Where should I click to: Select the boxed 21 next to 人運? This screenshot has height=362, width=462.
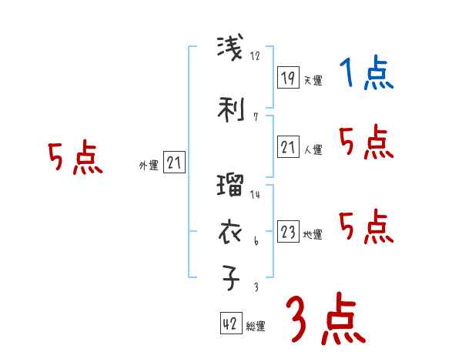click(288, 146)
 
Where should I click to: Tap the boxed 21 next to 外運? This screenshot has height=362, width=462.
click(175, 163)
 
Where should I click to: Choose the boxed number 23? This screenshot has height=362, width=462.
click(288, 232)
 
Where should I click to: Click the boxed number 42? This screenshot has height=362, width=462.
click(230, 324)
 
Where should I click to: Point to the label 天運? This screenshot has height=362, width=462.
click(313, 79)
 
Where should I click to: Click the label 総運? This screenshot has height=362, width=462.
click(256, 327)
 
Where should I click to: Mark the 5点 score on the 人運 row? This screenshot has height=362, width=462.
click(366, 142)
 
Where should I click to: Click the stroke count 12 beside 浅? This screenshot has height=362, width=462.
click(256, 55)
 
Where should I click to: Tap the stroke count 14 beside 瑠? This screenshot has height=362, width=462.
click(255, 195)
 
